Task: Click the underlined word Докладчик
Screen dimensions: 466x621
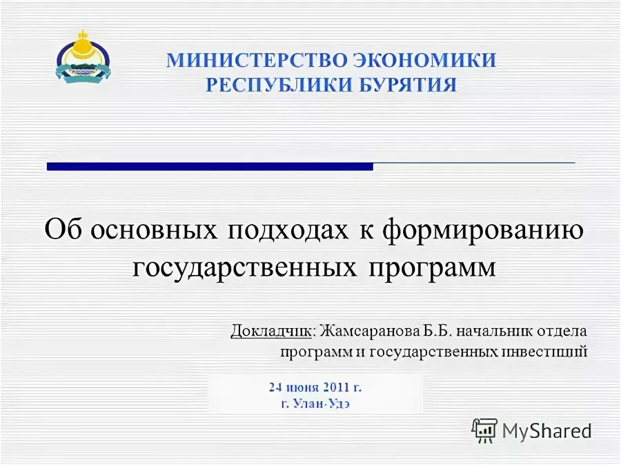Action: tap(271, 330)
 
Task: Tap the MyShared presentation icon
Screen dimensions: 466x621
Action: tap(484, 430)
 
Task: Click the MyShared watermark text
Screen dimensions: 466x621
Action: tap(546, 431)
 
